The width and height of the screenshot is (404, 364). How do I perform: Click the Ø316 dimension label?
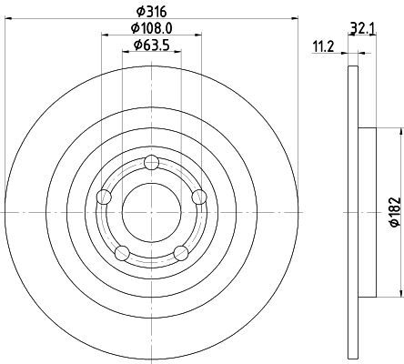click(152, 12)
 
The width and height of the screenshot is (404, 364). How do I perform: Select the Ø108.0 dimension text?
click(152, 28)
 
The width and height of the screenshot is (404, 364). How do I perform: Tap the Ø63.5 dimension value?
click(151, 45)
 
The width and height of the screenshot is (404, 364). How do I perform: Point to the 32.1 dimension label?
click(363, 29)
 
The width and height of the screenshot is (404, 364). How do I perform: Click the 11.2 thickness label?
click(323, 47)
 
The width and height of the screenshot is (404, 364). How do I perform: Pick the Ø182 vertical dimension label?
click(395, 212)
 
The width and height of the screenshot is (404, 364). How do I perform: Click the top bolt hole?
click(151, 163)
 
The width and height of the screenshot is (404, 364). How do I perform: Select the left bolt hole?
click(104, 197)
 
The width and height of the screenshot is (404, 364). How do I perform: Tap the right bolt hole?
click(199, 197)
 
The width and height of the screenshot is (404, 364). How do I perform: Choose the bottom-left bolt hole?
click(122, 253)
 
